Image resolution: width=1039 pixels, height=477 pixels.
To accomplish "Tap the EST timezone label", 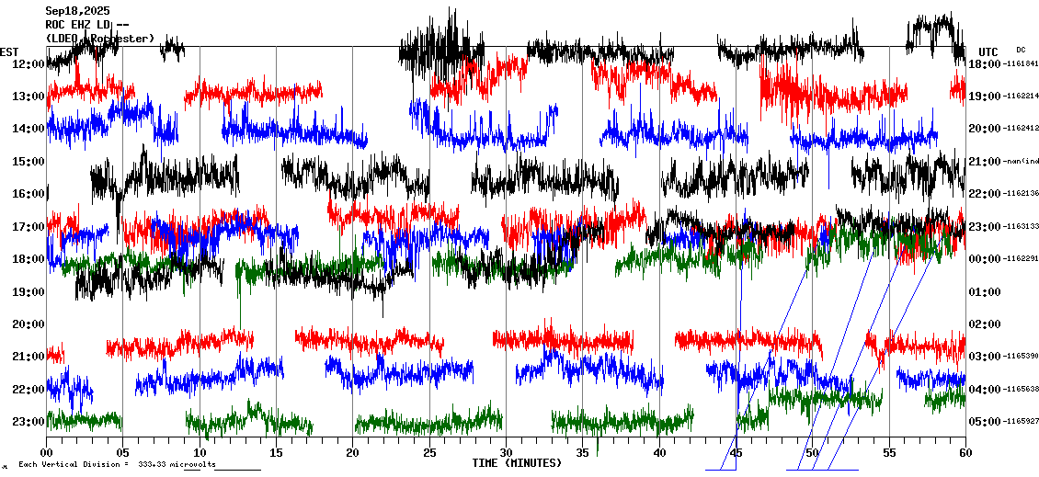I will pos(10,51).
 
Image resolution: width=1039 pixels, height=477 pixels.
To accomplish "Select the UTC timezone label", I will pos(988,51).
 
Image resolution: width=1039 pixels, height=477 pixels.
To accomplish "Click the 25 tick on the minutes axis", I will pos(429,453).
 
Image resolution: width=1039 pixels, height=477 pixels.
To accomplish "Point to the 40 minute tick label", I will pos(659,453).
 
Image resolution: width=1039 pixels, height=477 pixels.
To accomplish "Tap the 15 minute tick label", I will pos(276,453).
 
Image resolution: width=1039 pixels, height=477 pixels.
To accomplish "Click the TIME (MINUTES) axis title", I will pos(517,462).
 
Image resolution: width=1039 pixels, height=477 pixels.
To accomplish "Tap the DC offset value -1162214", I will pos(1021,96).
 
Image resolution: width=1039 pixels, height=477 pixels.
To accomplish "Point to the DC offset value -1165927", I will pos(1021,421).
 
